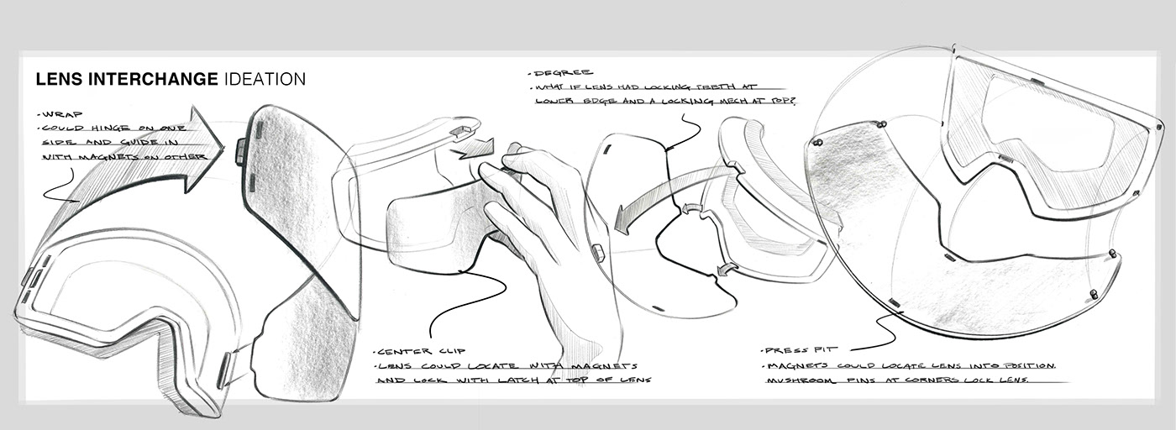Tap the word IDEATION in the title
click(x=265, y=80)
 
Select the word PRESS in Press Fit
click(x=780, y=350)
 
